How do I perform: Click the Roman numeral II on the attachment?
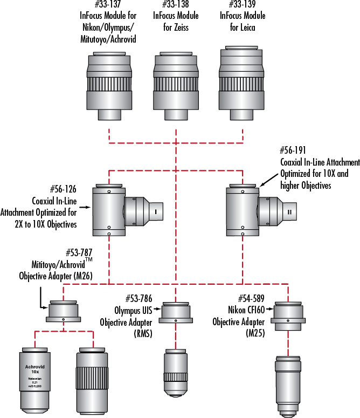(289, 213)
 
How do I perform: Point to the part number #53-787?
(79, 253)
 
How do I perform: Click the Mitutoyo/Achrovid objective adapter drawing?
(64, 312)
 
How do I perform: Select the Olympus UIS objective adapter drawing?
(176, 312)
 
